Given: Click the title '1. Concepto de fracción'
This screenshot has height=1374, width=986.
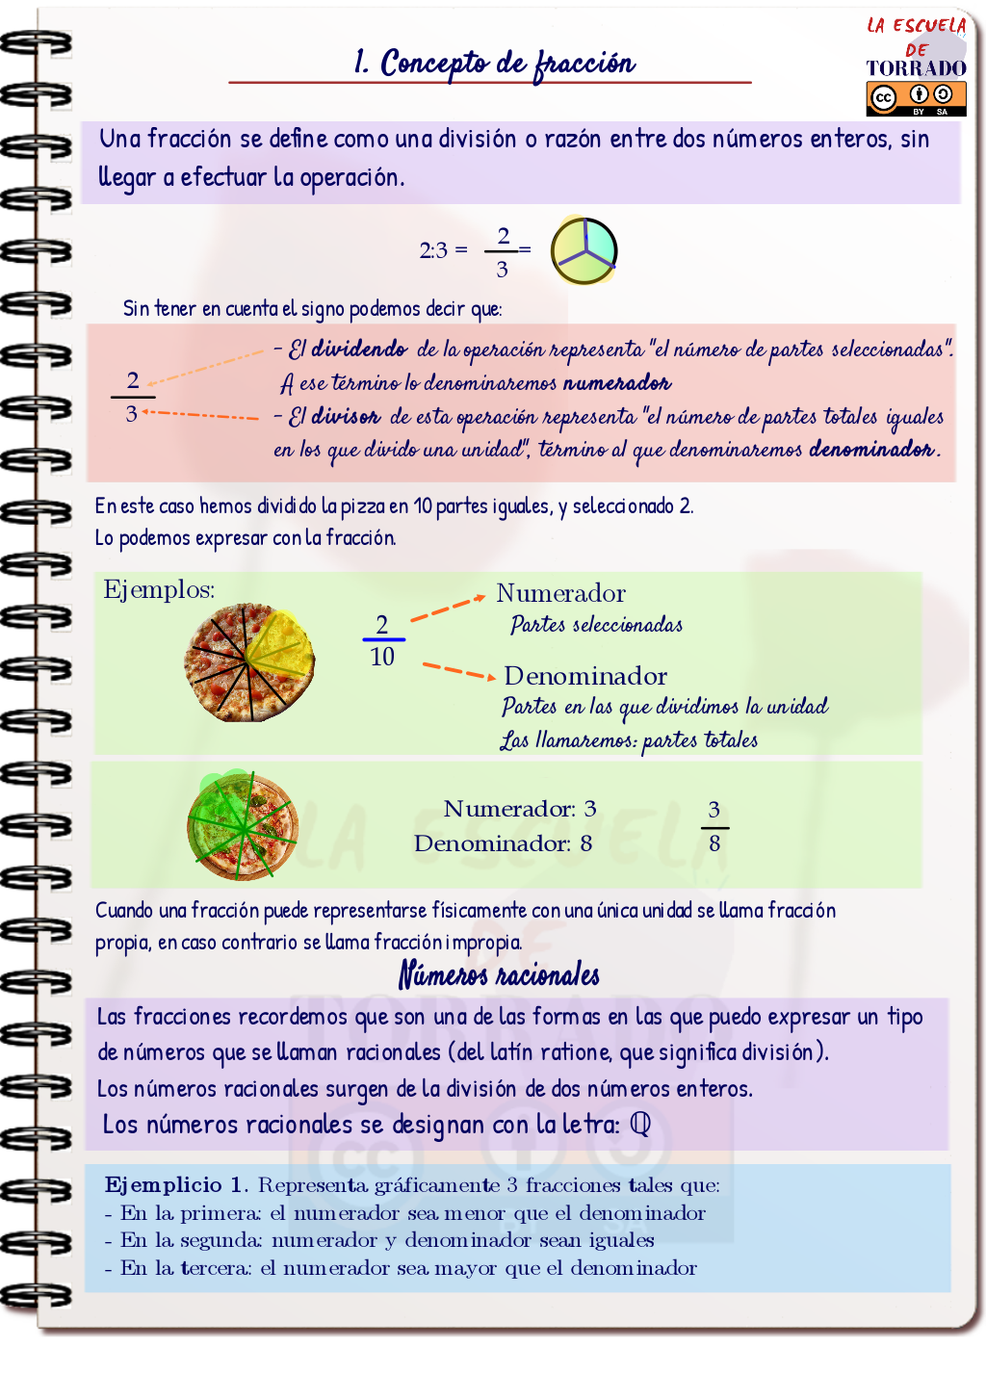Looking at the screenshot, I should coord(493,64).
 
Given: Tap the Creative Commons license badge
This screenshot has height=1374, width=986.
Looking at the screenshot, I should coord(915,98).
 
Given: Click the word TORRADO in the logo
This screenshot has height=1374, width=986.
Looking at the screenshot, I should coord(915,68).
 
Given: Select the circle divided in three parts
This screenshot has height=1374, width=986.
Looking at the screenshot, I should coord(584,250).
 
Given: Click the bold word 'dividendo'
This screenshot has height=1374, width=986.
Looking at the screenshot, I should coord(358,349).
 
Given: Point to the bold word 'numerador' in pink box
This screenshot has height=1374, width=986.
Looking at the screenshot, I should coord(616,383).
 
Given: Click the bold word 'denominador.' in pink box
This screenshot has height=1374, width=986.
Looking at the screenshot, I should coord(873,449).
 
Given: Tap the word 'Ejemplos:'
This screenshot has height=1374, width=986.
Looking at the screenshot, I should coord(159,589).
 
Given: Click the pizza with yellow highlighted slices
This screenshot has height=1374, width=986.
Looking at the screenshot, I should coord(249,662).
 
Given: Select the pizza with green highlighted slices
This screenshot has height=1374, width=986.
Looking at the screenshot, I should coord(242,827).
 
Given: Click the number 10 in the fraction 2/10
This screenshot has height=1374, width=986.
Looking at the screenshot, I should coord(382,657).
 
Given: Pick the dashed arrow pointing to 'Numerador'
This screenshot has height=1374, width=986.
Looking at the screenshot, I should coord(447,609).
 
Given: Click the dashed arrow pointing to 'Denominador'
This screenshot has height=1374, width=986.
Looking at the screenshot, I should coord(458,670).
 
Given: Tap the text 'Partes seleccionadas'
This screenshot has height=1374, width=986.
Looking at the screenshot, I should coord(596,625).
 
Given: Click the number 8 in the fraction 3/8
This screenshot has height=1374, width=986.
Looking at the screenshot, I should coord(714,844).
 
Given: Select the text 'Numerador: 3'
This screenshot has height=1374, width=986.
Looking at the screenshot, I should coord(519,809).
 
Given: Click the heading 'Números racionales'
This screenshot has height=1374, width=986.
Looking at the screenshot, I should coord(499,974).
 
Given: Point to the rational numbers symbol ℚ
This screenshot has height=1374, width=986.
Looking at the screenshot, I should coord(640,1124).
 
